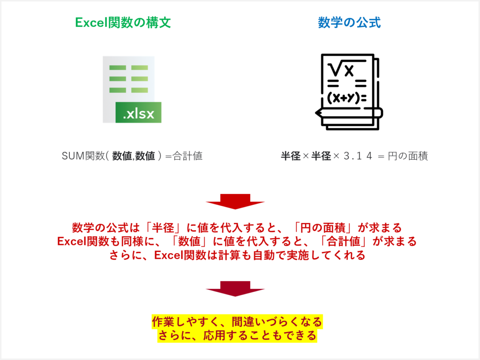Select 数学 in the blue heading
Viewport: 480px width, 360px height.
(329, 22)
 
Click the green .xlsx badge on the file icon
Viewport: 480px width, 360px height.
(139, 113)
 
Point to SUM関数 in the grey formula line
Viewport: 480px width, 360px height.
(79, 156)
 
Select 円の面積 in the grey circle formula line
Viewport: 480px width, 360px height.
(408, 156)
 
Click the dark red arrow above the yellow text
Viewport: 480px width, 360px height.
(235, 289)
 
